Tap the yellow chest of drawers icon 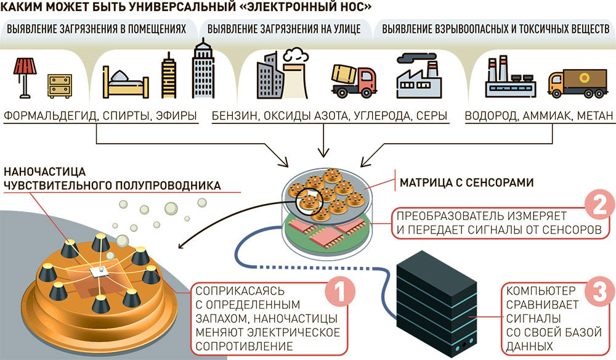click(60, 86)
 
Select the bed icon click(125, 83)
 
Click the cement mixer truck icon click(354, 81)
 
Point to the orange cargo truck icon click(578, 83)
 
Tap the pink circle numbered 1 click(340, 292)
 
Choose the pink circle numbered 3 click(600, 292)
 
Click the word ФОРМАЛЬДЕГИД click(51, 116)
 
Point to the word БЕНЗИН click(235, 116)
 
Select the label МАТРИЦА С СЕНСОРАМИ click(467, 182)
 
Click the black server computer click(437, 304)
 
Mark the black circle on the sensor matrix click(309, 202)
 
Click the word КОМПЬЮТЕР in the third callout click(541, 291)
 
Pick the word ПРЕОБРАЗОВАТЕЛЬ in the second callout click(450, 216)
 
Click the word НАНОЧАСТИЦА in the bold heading click(44, 172)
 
